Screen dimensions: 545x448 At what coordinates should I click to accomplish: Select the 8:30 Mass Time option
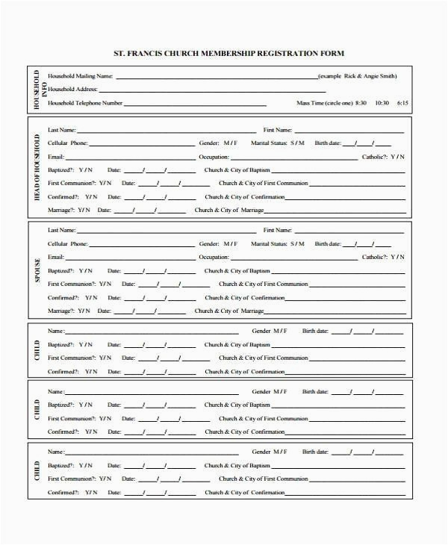tap(361, 102)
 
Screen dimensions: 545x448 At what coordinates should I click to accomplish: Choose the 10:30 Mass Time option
tap(382, 102)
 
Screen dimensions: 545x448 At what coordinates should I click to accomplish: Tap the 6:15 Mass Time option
tap(402, 102)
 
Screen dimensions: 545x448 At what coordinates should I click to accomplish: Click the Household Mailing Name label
tap(80, 76)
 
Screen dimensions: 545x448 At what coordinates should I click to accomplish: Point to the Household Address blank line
tap(217, 90)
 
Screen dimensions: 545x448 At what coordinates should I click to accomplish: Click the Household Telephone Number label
tap(85, 103)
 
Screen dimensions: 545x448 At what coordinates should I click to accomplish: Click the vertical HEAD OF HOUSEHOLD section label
tap(37, 168)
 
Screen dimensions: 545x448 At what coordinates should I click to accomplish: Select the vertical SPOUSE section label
tap(37, 270)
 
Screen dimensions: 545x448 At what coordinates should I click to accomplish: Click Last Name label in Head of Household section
tap(61, 129)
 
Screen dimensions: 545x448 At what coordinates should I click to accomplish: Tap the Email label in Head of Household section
tap(56, 157)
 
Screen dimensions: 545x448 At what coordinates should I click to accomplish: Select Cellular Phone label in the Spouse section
tap(68, 243)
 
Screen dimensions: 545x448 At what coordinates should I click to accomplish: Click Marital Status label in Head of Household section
tap(270, 143)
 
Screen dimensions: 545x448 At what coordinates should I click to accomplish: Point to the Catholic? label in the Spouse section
tap(374, 257)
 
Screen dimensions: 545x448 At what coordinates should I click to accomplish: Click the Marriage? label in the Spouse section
tap(62, 311)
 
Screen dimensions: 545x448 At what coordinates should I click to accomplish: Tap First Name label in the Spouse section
tap(278, 230)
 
